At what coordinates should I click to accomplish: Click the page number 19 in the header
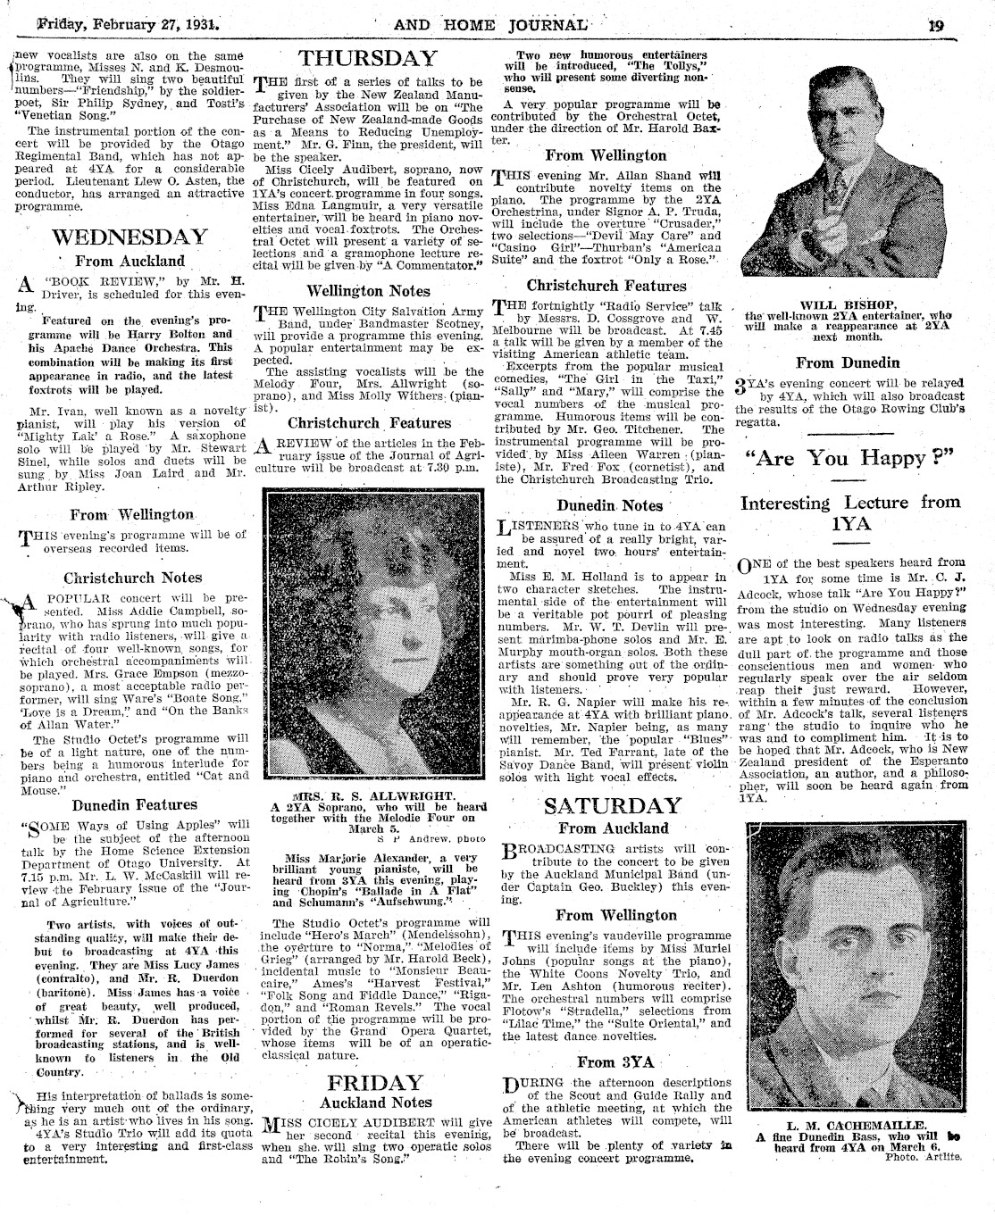[x=935, y=25]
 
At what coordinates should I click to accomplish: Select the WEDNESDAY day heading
[x=130, y=237]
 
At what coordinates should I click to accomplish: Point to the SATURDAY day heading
[x=613, y=805]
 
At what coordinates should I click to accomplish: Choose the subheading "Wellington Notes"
[x=367, y=290]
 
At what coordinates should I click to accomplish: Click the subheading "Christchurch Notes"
[x=132, y=578]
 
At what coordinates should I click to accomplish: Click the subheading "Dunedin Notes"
[x=609, y=505]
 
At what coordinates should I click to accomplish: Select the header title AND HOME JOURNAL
[x=490, y=24]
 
